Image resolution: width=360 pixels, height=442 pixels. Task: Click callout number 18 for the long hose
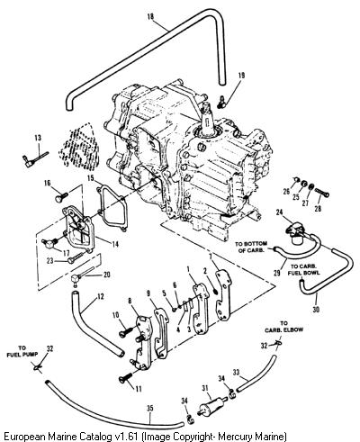click(x=150, y=16)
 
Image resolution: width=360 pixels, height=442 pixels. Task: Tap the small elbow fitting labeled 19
click(x=221, y=103)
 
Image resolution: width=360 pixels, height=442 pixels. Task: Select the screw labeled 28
click(x=322, y=193)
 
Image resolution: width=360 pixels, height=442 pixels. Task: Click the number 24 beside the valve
click(x=279, y=212)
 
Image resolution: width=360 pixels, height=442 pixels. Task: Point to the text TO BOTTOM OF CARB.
click(x=251, y=247)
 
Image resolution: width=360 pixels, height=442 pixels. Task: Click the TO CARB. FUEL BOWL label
click(x=303, y=269)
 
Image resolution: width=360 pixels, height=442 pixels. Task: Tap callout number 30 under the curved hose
click(x=316, y=310)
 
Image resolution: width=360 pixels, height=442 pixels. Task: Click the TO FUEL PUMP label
click(x=22, y=351)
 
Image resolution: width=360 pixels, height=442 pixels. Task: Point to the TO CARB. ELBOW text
click(x=283, y=327)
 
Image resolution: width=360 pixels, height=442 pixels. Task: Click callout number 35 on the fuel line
click(x=150, y=408)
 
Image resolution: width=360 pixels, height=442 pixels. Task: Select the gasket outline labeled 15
click(x=112, y=208)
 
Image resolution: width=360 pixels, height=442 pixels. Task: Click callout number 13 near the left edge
click(x=38, y=138)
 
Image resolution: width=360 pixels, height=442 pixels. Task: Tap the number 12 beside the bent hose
click(x=101, y=296)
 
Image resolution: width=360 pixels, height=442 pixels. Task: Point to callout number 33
click(x=237, y=373)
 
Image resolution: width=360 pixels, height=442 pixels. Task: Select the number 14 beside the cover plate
click(x=114, y=245)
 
